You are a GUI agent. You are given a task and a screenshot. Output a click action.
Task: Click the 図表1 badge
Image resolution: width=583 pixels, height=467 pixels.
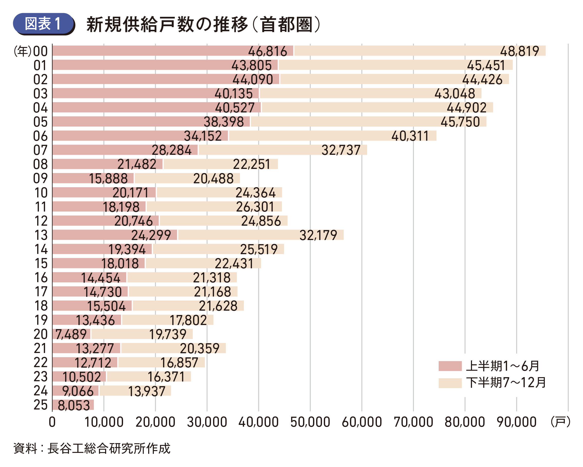pyautogui.click(x=43, y=24)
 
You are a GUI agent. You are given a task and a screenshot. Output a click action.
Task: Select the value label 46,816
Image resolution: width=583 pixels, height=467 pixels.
pyautogui.click(x=267, y=51)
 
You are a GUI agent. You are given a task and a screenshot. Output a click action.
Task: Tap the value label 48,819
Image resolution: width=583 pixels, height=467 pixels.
pyautogui.click(x=519, y=51)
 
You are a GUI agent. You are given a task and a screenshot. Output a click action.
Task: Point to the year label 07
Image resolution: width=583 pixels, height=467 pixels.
pyautogui.click(x=40, y=150)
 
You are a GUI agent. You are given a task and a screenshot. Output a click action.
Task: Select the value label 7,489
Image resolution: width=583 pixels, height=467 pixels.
pyautogui.click(x=71, y=334)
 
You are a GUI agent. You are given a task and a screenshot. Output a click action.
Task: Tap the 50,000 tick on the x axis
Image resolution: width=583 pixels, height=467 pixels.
pyautogui.click(x=310, y=422)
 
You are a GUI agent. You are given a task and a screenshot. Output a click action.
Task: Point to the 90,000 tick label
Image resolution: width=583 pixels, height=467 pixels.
pyautogui.click(x=517, y=422)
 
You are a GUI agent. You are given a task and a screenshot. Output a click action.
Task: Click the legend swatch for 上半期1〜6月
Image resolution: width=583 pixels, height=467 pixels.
pyautogui.click(x=450, y=366)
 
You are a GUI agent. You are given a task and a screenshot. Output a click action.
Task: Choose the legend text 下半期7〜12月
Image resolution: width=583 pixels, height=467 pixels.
pyautogui.click(x=506, y=383)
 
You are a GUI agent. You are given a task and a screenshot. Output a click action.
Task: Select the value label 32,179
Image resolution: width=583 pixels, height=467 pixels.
pyautogui.click(x=318, y=235)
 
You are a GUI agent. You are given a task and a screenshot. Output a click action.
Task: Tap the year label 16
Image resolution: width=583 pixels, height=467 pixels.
pyautogui.click(x=41, y=278)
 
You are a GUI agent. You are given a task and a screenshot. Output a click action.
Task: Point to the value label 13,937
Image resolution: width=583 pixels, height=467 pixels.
pyautogui.click(x=147, y=391)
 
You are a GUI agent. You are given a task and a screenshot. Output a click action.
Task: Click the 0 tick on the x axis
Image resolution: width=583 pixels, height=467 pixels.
pyautogui.click(x=52, y=422)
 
